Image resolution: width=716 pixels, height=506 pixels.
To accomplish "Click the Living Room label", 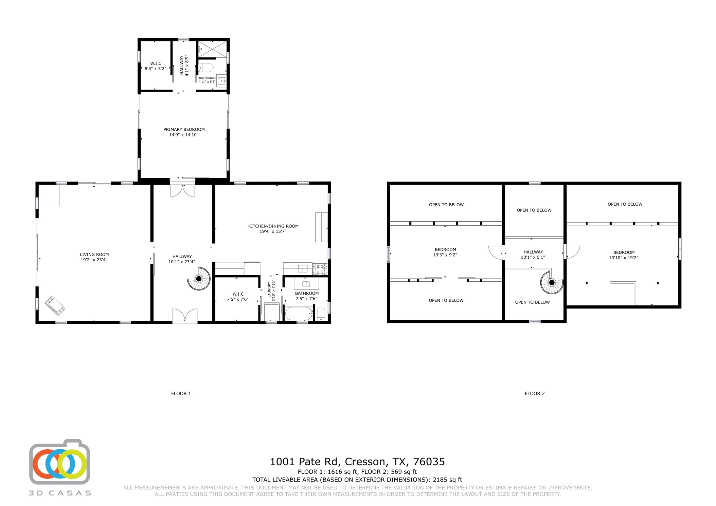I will coord(94,255).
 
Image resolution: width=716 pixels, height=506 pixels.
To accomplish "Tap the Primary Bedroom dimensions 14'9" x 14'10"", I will coord(184,135).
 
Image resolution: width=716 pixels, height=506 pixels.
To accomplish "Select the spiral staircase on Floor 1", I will coord(199,279).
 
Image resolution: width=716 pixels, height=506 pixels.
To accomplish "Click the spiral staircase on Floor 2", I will coord(552,282).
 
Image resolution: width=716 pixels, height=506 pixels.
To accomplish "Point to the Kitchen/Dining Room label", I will coord(273,226).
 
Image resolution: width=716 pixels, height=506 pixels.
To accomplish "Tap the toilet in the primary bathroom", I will coord(206,68).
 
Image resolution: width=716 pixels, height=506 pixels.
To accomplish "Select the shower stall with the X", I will coord(212,49).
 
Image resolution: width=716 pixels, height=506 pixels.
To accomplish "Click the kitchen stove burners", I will coord(320,269).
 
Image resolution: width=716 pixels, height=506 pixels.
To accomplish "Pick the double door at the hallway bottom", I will coord(185,315).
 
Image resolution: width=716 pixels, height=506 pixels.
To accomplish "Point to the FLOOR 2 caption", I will coord(535,393).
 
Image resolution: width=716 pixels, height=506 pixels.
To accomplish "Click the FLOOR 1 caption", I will coord(181,393).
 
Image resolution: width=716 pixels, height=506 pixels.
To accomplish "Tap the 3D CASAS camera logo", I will coord(60,462).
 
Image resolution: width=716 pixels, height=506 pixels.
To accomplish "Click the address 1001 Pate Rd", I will coord(304,462).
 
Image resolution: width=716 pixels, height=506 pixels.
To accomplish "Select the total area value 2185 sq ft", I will coord(447,480).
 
